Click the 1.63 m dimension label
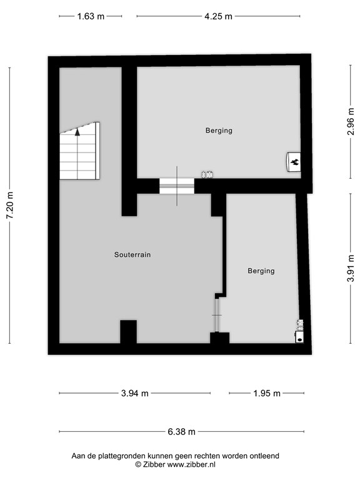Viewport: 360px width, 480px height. (x=91, y=17)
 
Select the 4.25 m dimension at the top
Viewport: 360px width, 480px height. (x=219, y=17)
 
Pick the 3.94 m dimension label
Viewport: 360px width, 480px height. (x=135, y=393)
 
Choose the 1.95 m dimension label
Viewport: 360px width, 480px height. (x=267, y=393)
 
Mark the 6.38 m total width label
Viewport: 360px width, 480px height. (x=182, y=431)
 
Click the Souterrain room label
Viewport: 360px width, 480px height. (x=132, y=255)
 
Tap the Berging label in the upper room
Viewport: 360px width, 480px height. (x=219, y=131)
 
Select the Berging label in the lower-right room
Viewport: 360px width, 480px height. (x=261, y=271)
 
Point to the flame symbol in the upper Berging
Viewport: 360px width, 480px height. (x=293, y=162)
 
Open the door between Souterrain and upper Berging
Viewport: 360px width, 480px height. (x=177, y=186)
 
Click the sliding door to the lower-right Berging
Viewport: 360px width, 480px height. (x=216, y=315)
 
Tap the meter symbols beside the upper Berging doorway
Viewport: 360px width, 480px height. (x=207, y=174)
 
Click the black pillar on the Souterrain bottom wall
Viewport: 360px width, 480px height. (x=128, y=331)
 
